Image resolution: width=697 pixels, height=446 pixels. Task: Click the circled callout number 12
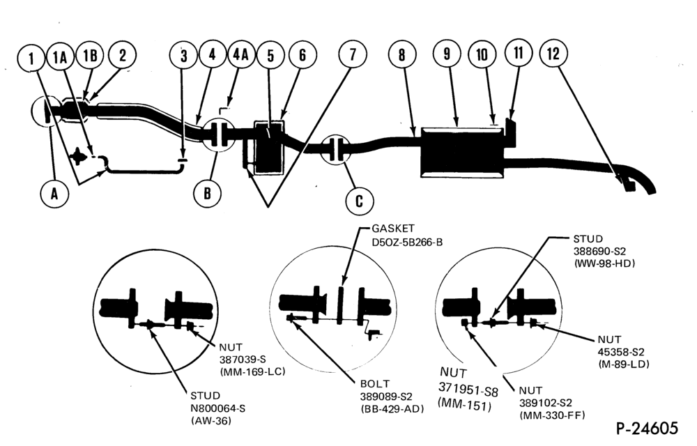tap(553, 54)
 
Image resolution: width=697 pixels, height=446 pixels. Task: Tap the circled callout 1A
tap(60, 58)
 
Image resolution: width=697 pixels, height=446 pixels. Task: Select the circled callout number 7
tap(353, 54)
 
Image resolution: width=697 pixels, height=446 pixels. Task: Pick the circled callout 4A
tap(240, 54)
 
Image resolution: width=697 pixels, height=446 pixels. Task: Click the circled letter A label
tap(54, 194)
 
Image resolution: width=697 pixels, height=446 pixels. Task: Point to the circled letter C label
tap(359, 201)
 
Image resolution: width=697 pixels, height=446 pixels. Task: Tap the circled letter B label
tap(208, 194)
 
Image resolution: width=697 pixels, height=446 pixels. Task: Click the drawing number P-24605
tap(647, 429)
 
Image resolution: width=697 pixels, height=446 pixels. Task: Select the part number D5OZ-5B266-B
tap(407, 243)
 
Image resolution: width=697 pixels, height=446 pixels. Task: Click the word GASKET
tap(393, 229)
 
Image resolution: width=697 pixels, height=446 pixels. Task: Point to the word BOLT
tap(375, 383)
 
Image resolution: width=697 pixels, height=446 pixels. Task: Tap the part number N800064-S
tap(217, 408)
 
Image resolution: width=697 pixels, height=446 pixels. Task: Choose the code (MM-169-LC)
tap(252, 371)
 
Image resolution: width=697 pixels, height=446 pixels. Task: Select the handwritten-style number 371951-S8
tap(468, 390)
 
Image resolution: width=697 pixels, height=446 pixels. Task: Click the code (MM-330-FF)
tap(552, 415)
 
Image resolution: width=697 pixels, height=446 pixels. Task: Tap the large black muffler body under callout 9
tap(462, 153)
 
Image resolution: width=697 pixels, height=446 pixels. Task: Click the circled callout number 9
tap(447, 54)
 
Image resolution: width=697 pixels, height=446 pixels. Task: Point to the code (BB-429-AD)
tap(392, 408)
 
